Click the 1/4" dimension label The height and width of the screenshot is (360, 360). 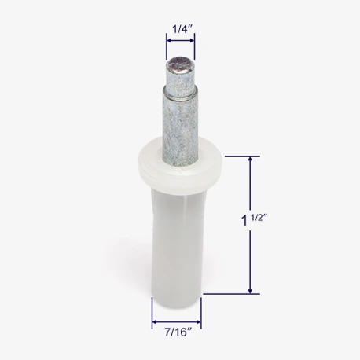click(x=180, y=29)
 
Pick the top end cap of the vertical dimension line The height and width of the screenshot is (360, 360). click(x=251, y=156)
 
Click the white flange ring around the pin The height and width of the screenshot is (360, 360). click(x=180, y=163)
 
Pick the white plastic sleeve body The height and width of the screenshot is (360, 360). click(x=178, y=236)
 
